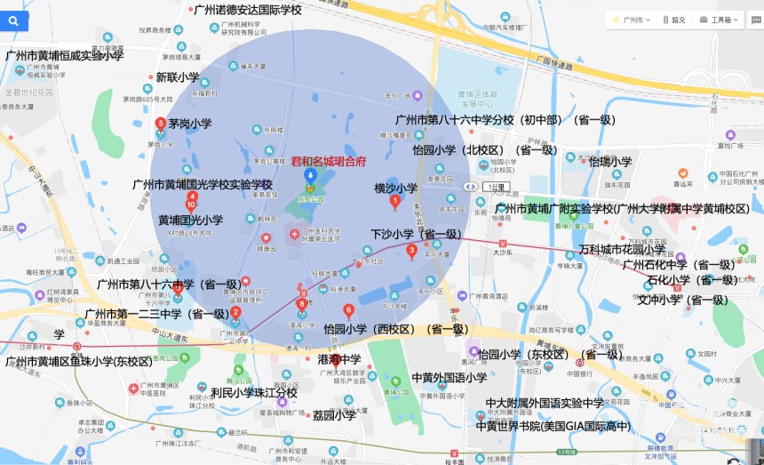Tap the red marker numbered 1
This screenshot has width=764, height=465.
click(395, 201)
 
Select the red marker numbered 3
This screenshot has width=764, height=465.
click(411, 251)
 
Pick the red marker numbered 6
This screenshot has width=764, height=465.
click(348, 310)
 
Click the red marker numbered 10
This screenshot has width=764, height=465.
click(190, 206)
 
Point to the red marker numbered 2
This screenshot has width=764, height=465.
click(235, 313)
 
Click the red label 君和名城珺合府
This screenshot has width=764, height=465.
click(329, 162)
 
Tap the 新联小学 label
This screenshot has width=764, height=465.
click(178, 77)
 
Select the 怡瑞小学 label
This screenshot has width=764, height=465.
click(609, 162)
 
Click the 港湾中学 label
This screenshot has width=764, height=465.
click(339, 359)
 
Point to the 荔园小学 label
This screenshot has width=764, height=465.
click(334, 414)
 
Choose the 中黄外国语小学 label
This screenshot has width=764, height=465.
click(450, 378)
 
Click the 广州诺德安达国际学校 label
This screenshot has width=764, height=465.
click(247, 10)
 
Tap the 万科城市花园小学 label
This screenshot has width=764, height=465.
click(622, 250)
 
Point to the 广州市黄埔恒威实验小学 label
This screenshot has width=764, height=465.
click(65, 55)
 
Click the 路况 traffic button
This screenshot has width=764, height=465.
click(673, 20)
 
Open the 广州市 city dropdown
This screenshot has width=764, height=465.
click(633, 20)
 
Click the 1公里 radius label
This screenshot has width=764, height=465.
click(496, 187)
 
